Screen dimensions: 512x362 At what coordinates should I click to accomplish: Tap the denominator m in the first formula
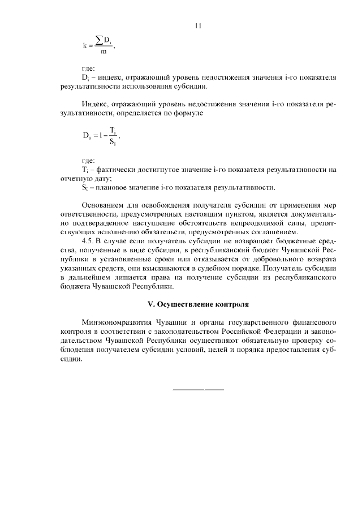103,52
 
